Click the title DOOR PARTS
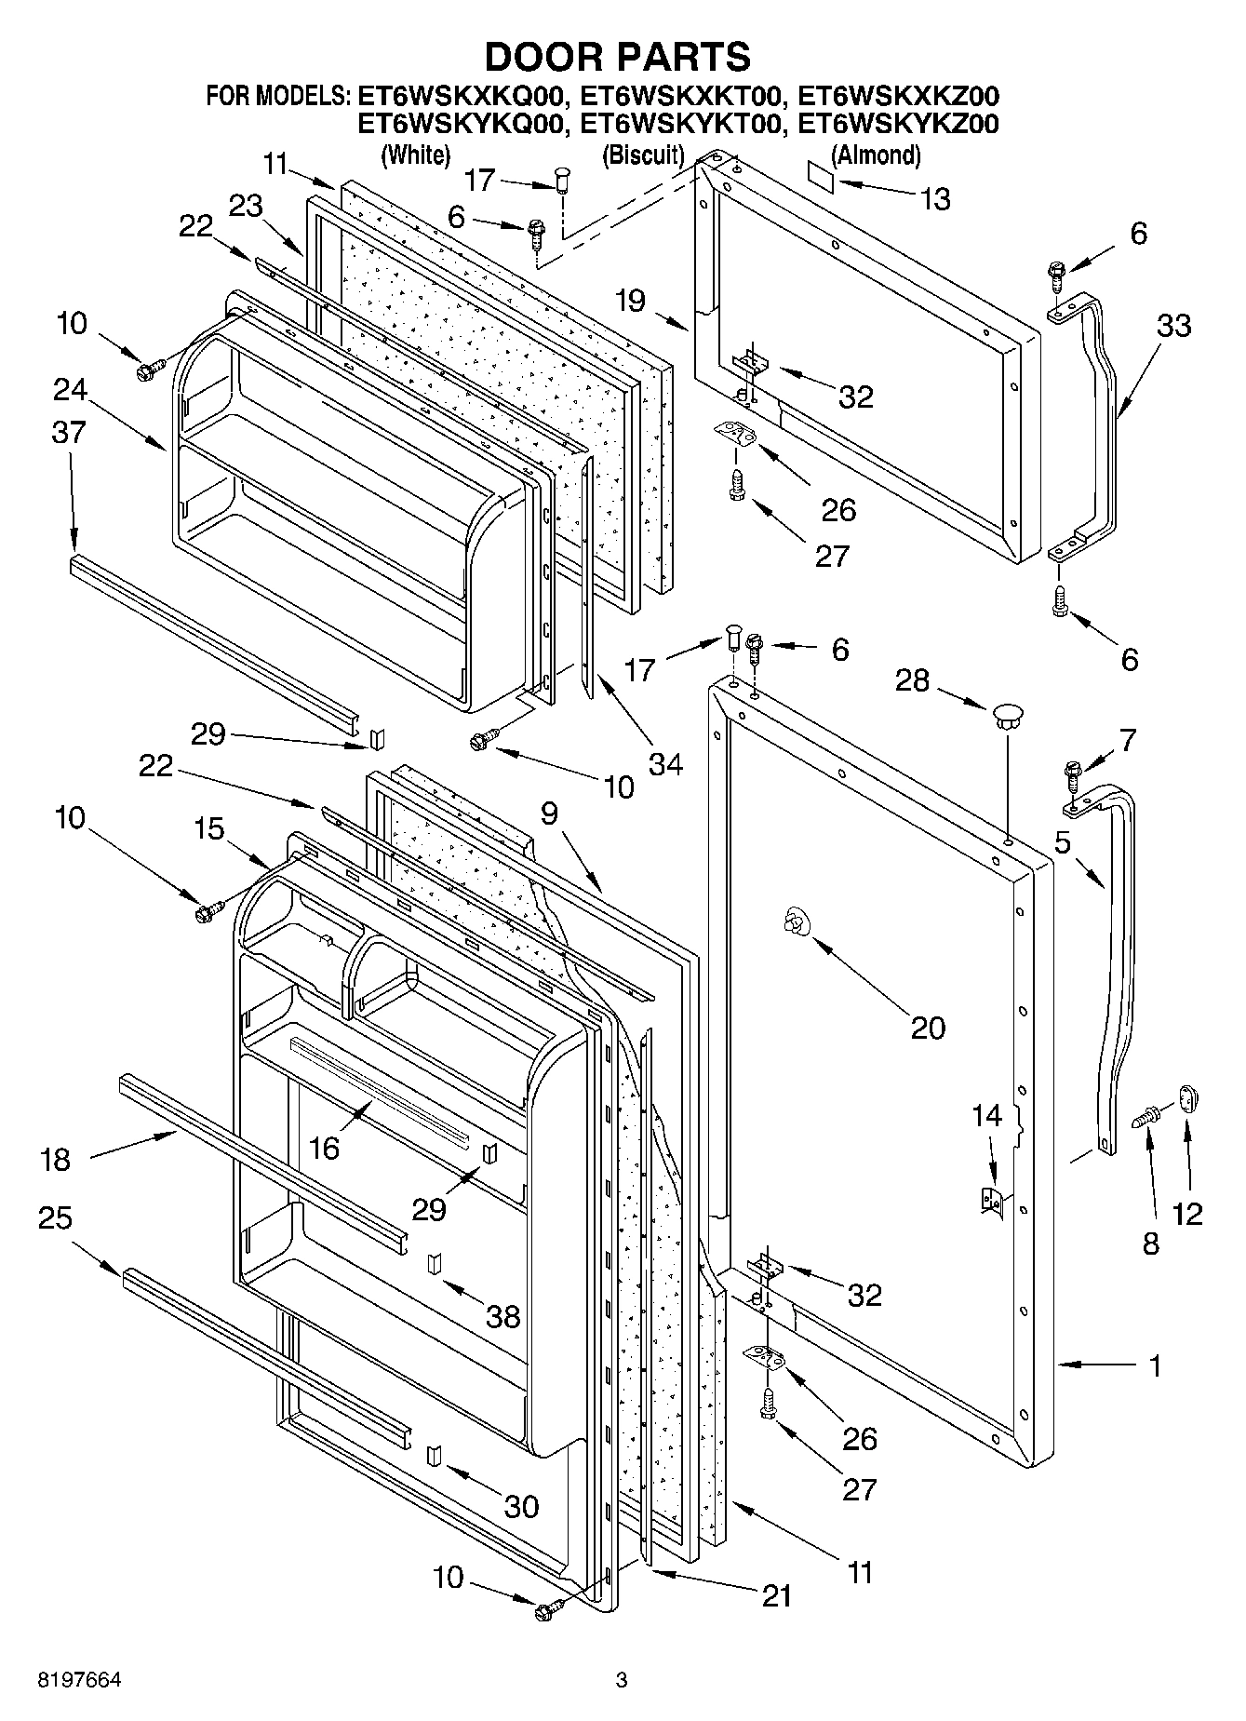pos(617,57)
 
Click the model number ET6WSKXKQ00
pos(462,96)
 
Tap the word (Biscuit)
pos(642,155)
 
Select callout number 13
pos(935,198)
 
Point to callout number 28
pos(912,680)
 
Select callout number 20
pos(927,1028)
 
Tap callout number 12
pos(1187,1213)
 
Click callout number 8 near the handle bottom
pos(1150,1244)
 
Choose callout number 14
pos(987,1115)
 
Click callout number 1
pos(1155,1366)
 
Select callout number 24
pos(70,389)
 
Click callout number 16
pos(324,1148)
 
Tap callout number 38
pos(504,1316)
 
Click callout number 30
pos(521,1506)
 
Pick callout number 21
pos(776,1595)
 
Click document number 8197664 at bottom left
pos(79,1680)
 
